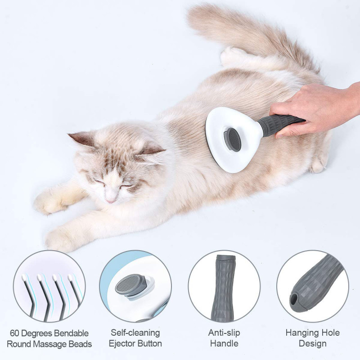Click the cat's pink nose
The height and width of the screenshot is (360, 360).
coord(109,199)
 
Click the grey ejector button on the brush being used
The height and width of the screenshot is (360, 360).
coord(233,139)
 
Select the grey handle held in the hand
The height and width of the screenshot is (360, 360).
coord(279,124)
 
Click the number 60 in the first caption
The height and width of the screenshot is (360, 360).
coord(13,333)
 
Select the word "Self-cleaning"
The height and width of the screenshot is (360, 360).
coord(135,333)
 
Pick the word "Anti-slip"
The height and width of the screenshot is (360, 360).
coord(224,333)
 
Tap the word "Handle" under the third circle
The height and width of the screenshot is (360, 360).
coord(224,344)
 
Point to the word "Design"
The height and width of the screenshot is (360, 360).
coord(312,344)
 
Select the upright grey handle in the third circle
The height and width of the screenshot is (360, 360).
coord(224,288)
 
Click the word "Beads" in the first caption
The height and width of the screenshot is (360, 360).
coord(81,344)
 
